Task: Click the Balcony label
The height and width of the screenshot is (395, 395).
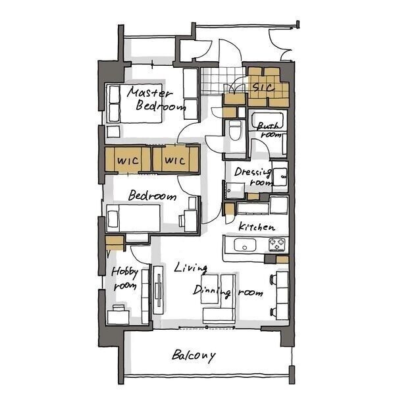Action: pos(194,355)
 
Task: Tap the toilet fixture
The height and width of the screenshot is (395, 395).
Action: pos(235,130)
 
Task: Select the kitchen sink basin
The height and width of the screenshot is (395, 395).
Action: pos(245,245)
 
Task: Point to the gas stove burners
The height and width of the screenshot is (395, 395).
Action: pos(277,245)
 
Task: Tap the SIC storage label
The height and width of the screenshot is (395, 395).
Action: pos(263,87)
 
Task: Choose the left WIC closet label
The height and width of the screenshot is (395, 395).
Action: pos(128,161)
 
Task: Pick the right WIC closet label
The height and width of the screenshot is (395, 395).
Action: pos(175,160)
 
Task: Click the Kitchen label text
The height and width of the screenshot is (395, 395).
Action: pos(257,226)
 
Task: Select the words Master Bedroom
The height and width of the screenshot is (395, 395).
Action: pos(156,99)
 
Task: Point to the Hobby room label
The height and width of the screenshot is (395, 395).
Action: pos(124,278)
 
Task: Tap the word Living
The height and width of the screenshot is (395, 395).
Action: pos(191,268)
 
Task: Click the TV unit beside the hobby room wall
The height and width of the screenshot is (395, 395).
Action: pos(159,290)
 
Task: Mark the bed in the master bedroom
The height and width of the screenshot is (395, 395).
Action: pos(134,103)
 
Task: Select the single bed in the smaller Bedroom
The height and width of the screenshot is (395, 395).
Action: pos(133,218)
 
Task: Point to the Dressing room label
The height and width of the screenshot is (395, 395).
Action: pos(253,176)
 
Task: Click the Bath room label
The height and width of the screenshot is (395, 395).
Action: pos(269,130)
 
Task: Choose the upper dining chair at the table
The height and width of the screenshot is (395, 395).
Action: pos(273,279)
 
